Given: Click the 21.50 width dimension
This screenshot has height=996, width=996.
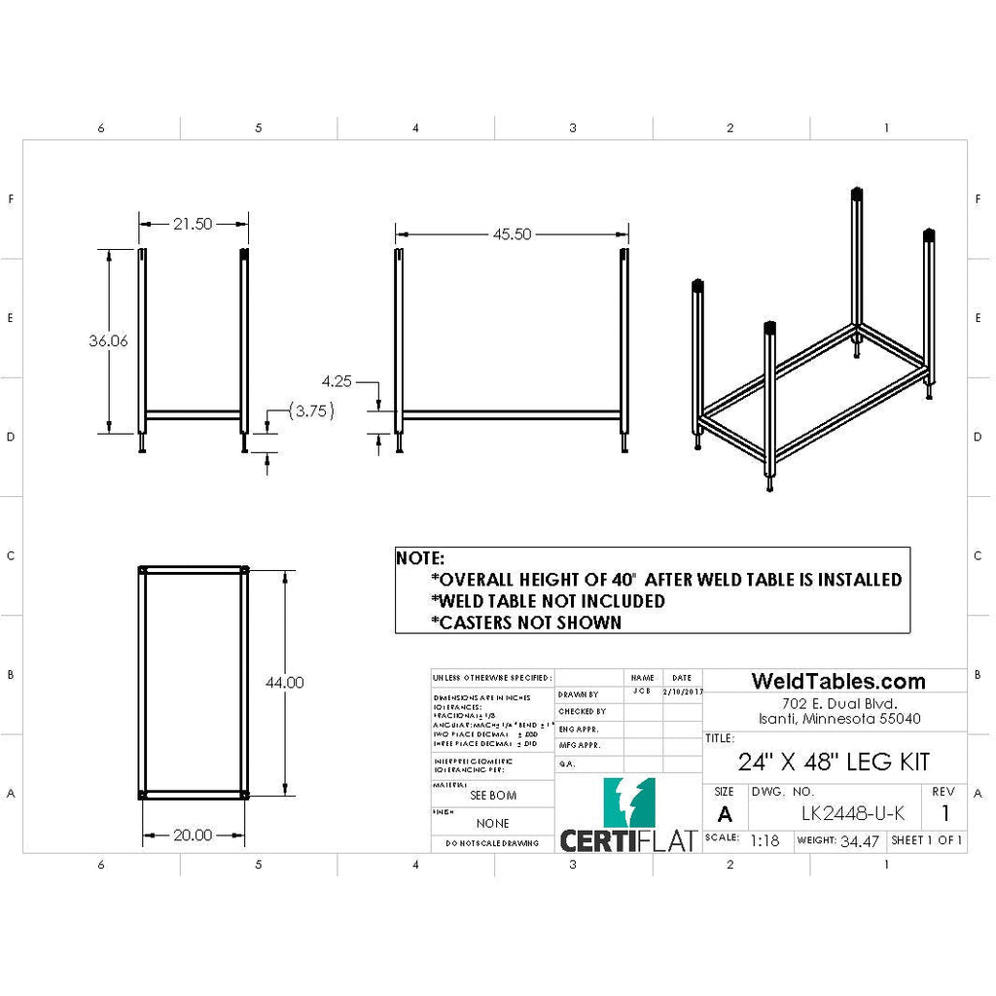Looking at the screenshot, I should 193,224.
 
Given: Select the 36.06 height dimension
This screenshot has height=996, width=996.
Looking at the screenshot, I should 108,340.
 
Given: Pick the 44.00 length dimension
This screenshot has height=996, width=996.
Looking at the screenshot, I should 284,683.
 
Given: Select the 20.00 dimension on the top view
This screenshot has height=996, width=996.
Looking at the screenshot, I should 193,835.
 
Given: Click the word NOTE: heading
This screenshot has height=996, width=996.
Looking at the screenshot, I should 420,558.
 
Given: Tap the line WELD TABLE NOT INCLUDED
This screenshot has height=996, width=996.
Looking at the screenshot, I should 548,601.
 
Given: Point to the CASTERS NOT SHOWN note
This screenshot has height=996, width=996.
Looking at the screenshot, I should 525,622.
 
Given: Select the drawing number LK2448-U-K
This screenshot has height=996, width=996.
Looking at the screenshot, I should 852,813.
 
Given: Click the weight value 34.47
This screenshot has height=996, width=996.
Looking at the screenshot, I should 860,840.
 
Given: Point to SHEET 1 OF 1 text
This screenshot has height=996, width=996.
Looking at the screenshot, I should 927,840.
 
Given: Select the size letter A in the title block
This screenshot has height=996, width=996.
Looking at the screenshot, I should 725,814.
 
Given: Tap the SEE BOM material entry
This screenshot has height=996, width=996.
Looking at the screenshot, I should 493,795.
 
